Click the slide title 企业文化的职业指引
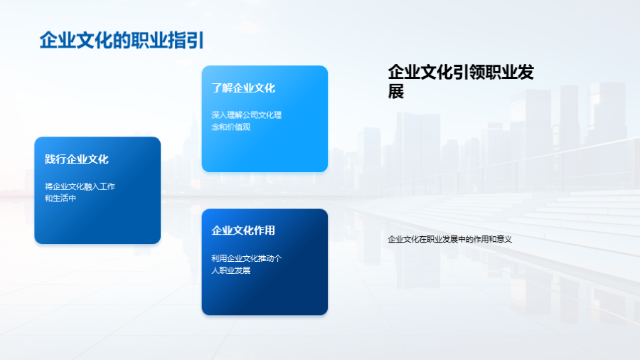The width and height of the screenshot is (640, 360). (122, 41)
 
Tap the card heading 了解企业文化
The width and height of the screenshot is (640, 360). (243, 88)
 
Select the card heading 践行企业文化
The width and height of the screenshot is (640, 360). (77, 159)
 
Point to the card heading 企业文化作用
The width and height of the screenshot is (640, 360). (243, 231)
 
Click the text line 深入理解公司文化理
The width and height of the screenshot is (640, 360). (247, 115)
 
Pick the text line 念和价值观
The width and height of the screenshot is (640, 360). (231, 127)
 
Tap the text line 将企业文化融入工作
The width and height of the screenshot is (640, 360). (80, 186)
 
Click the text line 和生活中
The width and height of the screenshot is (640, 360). (60, 198)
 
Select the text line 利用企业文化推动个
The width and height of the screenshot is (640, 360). (247, 258)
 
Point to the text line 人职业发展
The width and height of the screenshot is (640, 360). (231, 270)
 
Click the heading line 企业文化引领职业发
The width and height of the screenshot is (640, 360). (461, 73)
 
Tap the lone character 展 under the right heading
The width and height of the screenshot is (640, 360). (396, 92)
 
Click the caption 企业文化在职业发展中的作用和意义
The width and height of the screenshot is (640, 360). (450, 239)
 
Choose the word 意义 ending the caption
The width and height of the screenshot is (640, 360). (504, 239)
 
